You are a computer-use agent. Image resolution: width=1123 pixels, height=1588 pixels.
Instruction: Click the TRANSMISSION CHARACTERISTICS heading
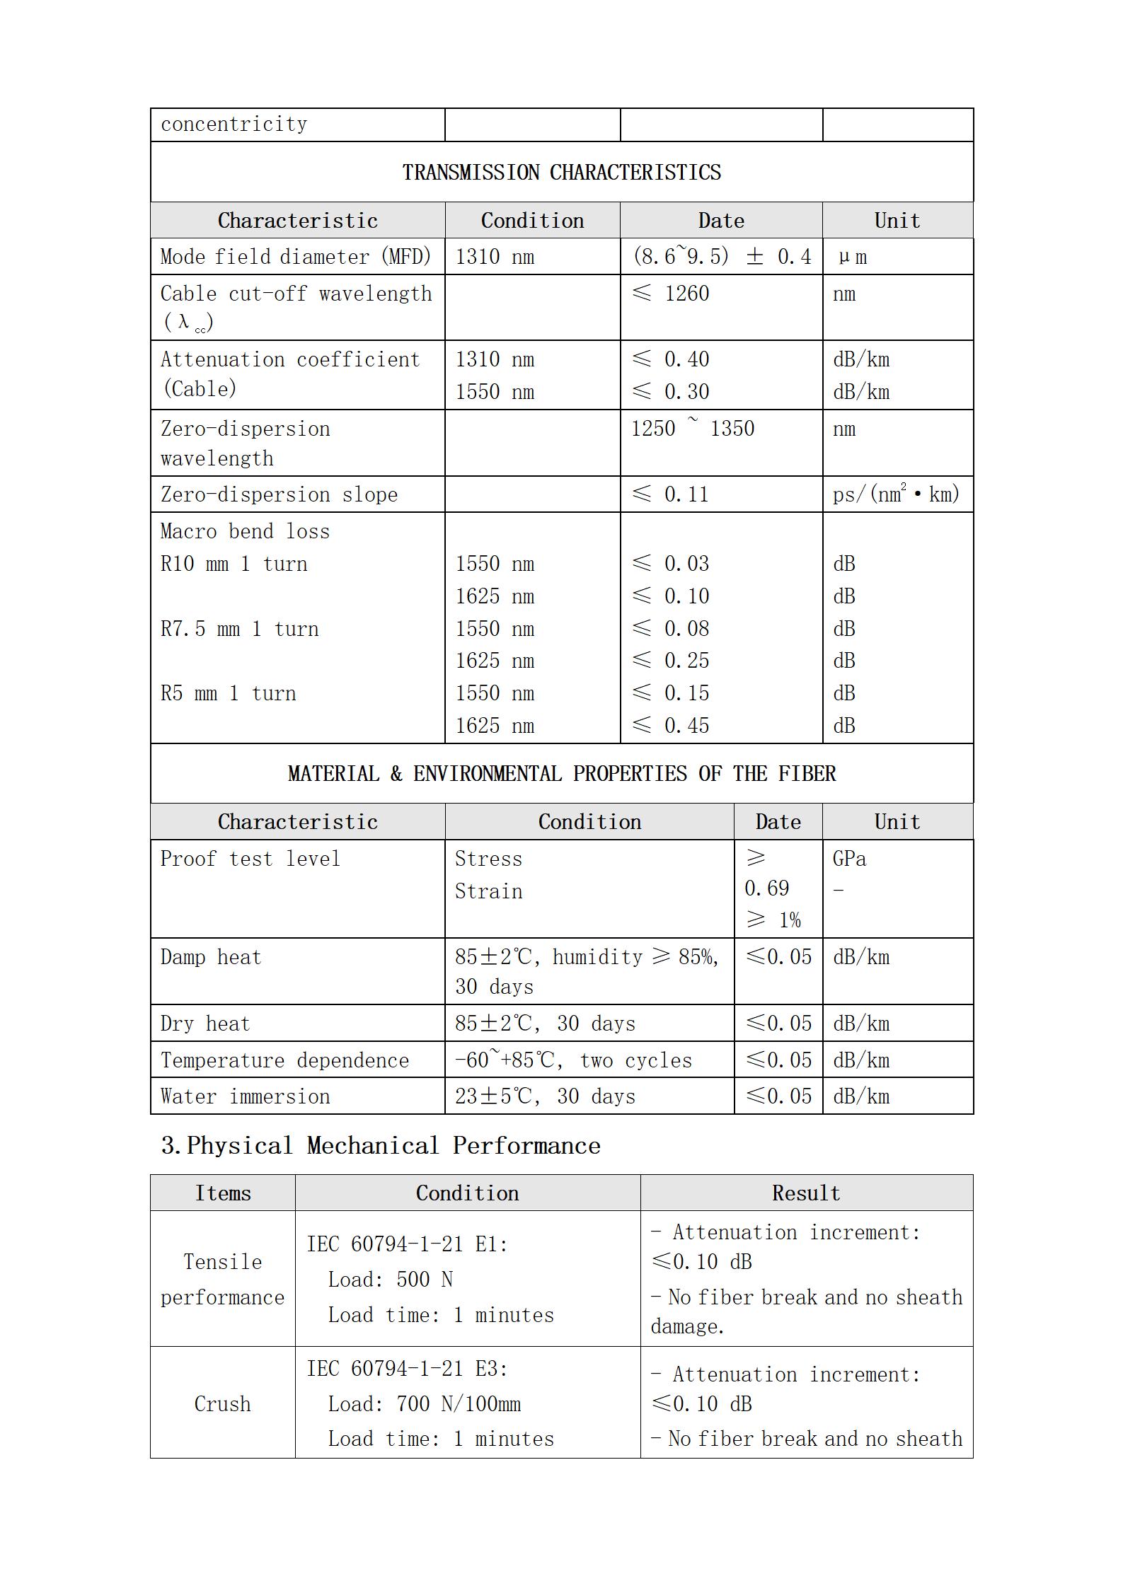click(561, 172)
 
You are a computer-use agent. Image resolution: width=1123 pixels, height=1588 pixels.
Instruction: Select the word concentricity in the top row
click(234, 124)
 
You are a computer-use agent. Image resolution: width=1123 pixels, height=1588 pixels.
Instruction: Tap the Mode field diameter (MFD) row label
click(295, 256)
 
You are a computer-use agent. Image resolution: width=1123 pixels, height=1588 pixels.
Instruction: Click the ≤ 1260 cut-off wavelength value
click(670, 294)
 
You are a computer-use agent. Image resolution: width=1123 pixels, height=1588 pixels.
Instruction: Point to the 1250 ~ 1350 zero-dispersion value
click(692, 429)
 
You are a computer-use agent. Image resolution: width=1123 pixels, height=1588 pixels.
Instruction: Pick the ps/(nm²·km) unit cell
click(895, 494)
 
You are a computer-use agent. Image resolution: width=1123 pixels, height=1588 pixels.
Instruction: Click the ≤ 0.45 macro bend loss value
click(670, 725)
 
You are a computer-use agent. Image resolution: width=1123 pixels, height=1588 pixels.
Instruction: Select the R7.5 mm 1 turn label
click(239, 629)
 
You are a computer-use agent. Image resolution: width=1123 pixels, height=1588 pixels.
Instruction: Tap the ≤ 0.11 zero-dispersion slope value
click(670, 494)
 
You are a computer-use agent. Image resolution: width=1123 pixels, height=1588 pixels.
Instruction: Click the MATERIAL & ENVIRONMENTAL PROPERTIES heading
click(561, 773)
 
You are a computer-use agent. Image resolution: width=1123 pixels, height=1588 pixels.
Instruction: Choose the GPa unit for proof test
click(849, 859)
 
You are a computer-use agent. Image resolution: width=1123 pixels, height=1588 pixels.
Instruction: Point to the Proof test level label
click(250, 859)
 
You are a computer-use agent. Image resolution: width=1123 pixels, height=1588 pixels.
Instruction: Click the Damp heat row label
click(210, 957)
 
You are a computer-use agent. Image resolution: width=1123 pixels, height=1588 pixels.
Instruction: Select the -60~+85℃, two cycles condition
click(573, 1060)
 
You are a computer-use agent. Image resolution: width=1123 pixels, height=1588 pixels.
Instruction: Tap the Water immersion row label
click(245, 1096)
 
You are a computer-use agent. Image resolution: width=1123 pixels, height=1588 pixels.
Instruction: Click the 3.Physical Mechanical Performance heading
click(381, 1145)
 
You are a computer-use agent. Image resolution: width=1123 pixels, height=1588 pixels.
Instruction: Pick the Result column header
click(806, 1193)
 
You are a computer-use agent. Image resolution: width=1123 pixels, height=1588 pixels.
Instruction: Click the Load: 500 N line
click(390, 1279)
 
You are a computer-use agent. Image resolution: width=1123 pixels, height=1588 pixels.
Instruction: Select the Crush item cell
click(222, 1403)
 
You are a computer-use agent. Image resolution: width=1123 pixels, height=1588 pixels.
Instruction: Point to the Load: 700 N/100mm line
click(424, 1403)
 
